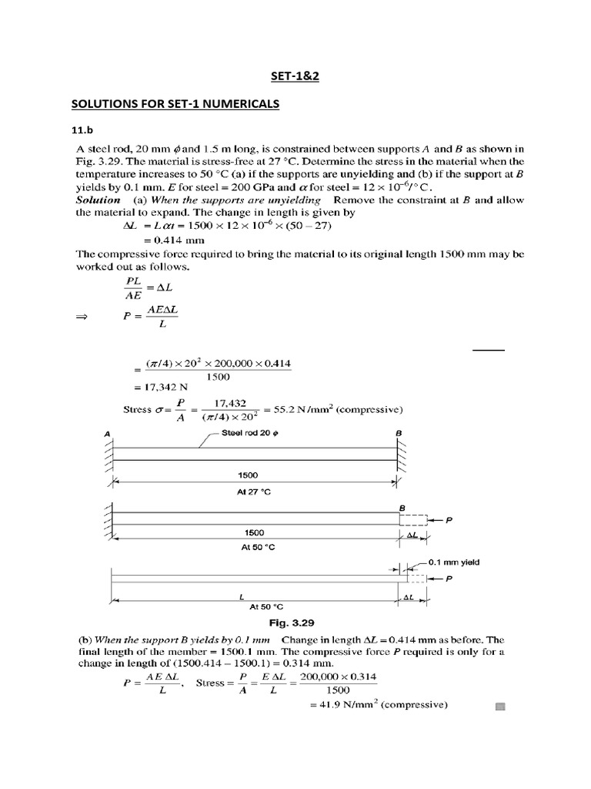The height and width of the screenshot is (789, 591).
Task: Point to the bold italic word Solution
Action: tap(98, 200)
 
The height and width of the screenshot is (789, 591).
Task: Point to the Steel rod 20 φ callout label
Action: tap(251, 433)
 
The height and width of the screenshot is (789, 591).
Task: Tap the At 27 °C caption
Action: tap(254, 493)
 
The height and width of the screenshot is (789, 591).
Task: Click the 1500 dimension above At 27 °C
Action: tap(254, 476)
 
